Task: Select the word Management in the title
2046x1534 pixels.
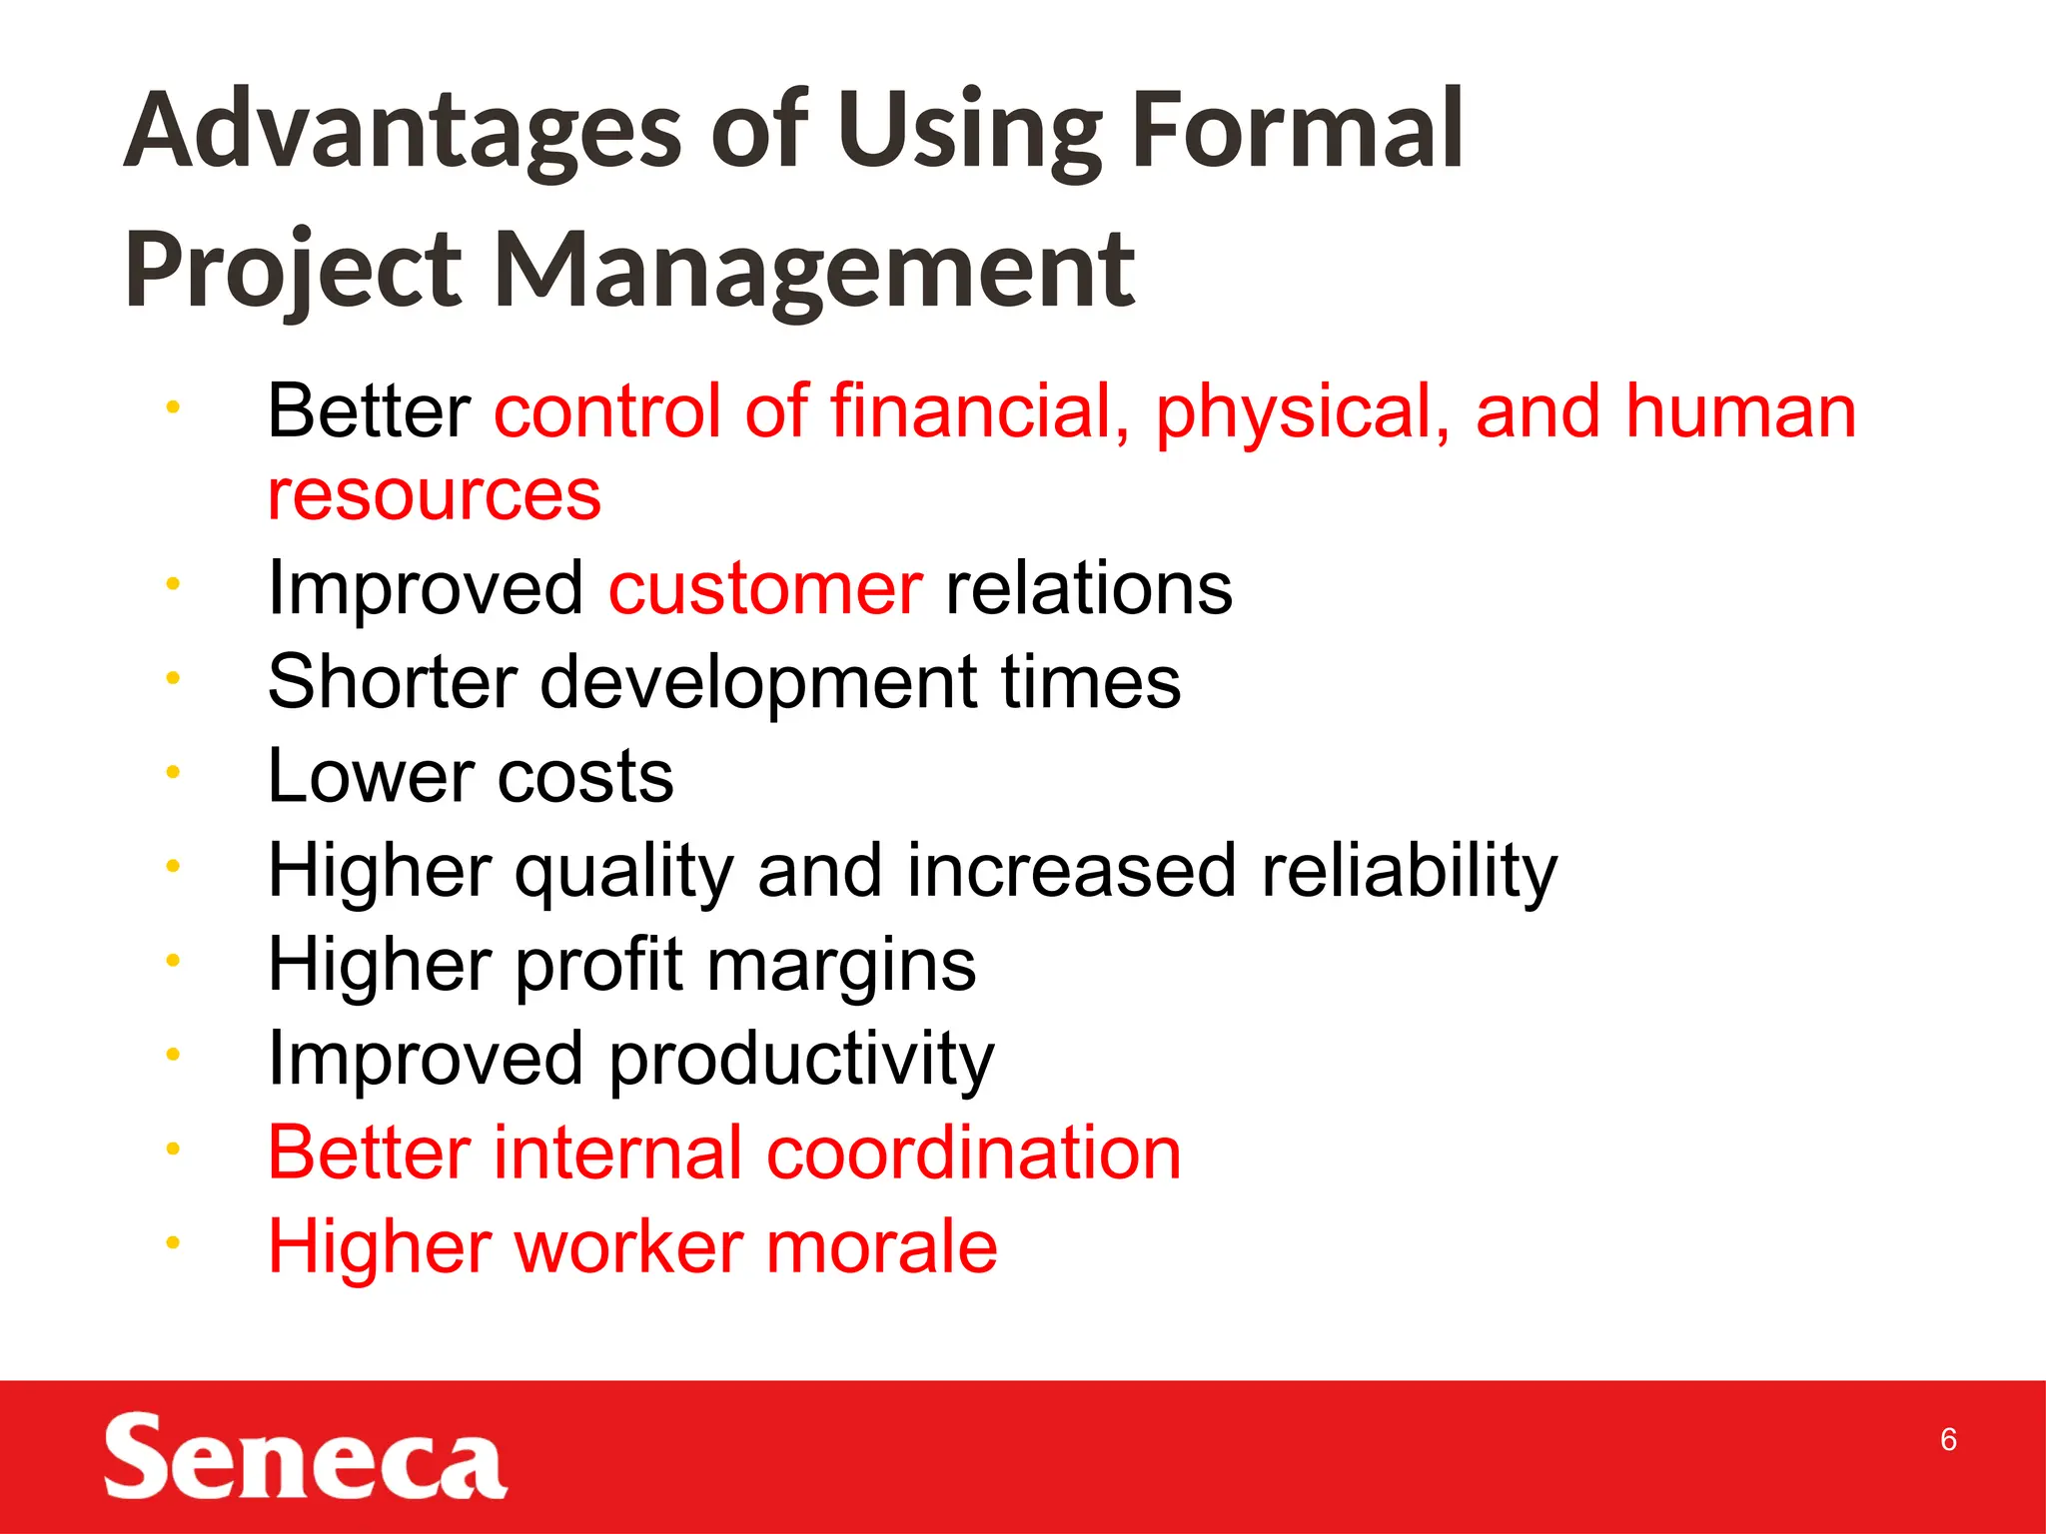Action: (814, 270)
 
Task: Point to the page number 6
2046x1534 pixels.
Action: (1947, 1439)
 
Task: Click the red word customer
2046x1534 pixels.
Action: (765, 588)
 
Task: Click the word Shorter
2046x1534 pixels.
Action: (392, 682)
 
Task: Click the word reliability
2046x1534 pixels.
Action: (1409, 870)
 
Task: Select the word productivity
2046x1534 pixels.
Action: (801, 1059)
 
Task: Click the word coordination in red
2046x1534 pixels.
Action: (973, 1152)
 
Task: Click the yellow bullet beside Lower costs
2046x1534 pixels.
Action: (173, 772)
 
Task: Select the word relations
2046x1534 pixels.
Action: (1088, 588)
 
